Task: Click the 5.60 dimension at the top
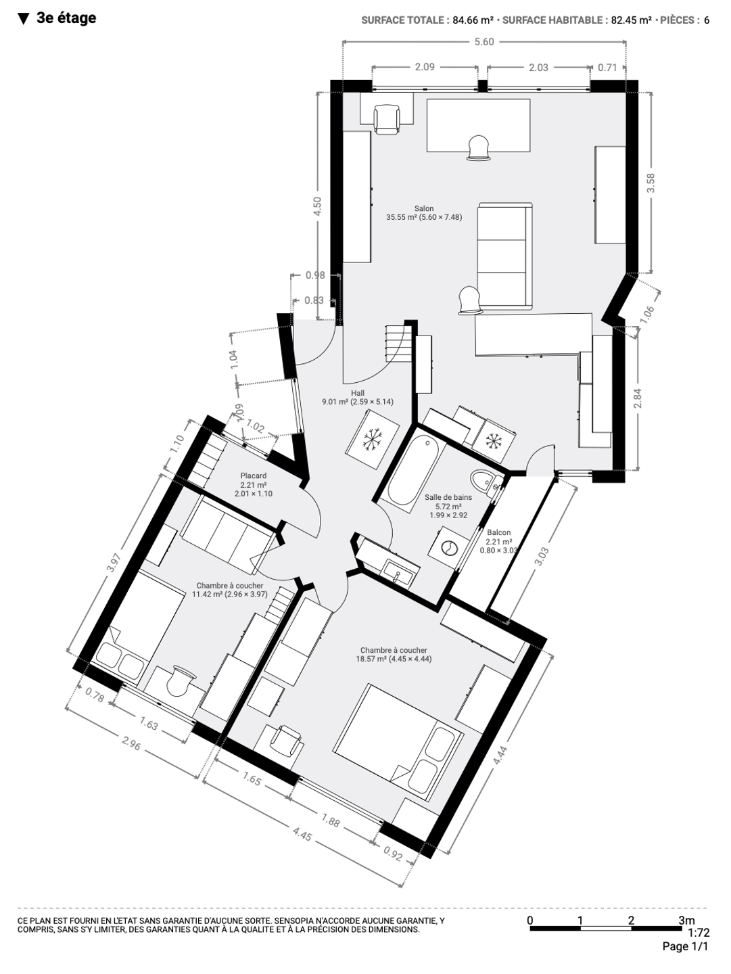pos(484,42)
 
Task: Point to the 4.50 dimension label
pos(318,206)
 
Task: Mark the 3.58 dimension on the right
pos(651,183)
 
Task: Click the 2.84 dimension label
pos(638,398)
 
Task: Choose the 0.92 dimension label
pos(393,854)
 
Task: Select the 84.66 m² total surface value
pos(473,20)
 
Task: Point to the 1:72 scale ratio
pos(699,932)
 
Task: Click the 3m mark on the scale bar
pos(686,921)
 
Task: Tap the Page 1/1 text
pos(685,946)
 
